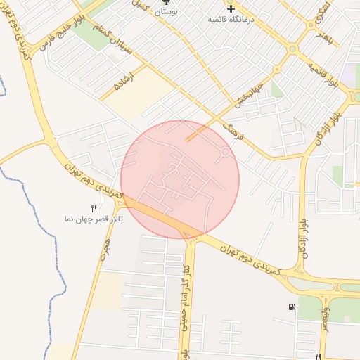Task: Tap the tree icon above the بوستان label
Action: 167,3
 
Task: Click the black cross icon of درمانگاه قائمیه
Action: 230,8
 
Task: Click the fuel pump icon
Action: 291,307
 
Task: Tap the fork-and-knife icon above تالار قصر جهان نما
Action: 94,207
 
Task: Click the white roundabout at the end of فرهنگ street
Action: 226,151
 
